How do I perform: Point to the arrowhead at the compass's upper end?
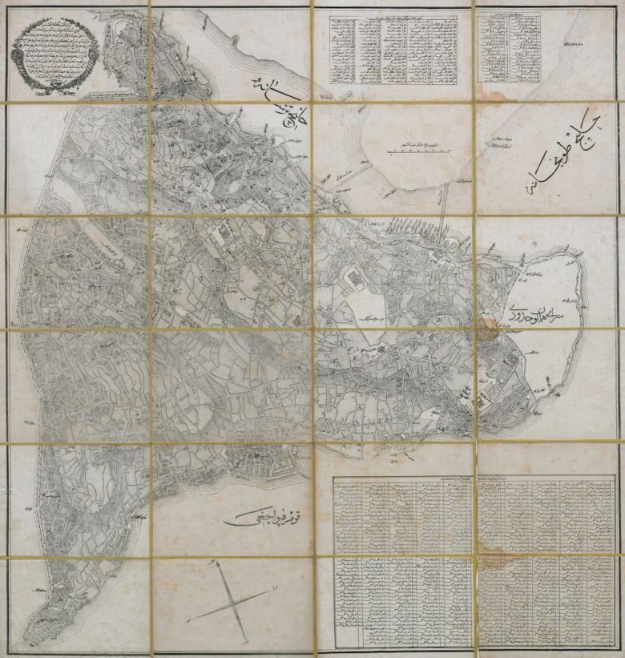tap(216, 567)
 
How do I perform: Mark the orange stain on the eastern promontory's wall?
tap(487, 325)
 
